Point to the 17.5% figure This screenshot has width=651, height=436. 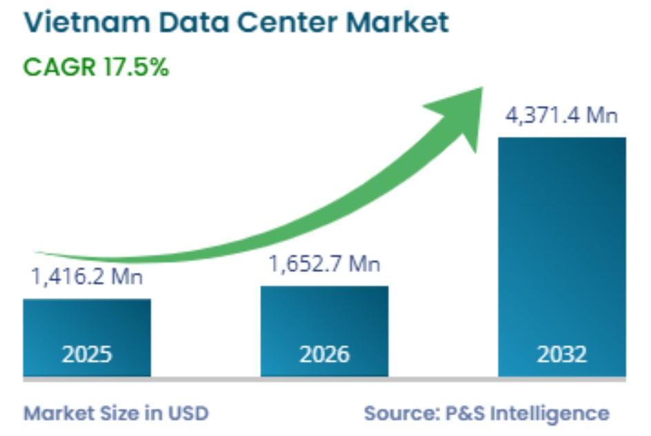pos(137,68)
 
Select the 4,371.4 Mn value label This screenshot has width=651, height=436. pos(561,115)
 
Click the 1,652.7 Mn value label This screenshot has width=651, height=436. pos(324,263)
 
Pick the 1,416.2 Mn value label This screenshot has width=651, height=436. pos(87,278)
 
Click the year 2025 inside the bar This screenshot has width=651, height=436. pos(87,354)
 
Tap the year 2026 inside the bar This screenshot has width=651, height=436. pos(324,354)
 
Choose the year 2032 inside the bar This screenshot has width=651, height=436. pos(561,354)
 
